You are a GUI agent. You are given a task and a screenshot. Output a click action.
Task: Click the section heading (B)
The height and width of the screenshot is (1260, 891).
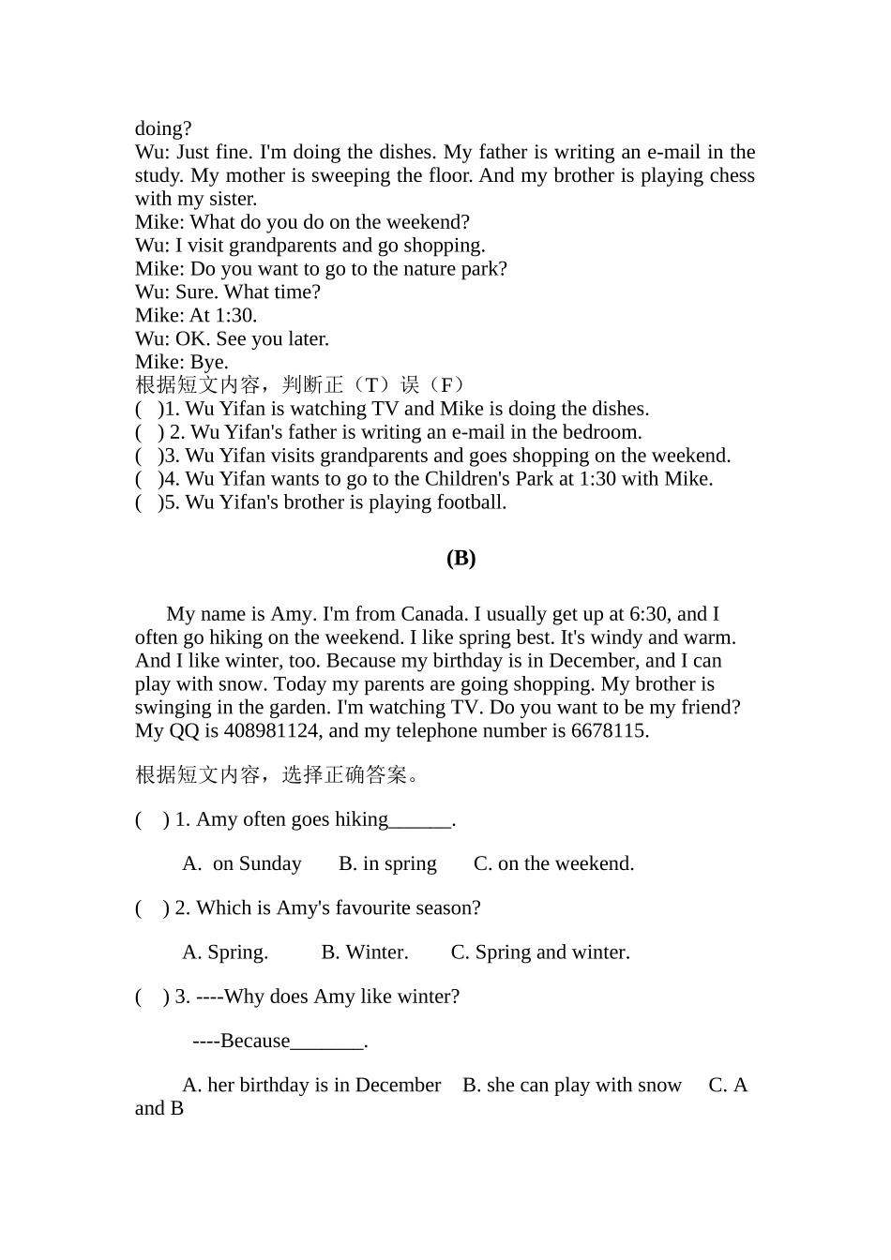461,559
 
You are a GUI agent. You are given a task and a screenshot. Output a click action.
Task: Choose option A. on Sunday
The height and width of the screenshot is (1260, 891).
242,864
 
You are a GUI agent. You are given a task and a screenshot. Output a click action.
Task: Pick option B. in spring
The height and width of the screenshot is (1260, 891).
387,864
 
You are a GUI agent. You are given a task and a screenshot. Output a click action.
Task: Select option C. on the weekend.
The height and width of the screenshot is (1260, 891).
553,864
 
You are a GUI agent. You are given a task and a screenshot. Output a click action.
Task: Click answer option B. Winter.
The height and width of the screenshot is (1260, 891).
365,952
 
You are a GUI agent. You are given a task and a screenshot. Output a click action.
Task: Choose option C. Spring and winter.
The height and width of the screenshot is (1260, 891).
540,952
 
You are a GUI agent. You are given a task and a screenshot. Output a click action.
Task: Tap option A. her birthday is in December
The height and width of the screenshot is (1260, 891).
311,1086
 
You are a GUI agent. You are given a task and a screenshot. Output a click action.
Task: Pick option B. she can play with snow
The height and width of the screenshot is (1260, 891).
572,1086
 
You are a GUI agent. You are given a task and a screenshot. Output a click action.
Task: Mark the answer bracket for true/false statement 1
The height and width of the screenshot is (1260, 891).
147,410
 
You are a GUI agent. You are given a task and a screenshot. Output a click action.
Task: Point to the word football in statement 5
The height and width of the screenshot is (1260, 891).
463,502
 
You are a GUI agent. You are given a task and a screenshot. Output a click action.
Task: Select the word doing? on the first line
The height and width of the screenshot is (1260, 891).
163,129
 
